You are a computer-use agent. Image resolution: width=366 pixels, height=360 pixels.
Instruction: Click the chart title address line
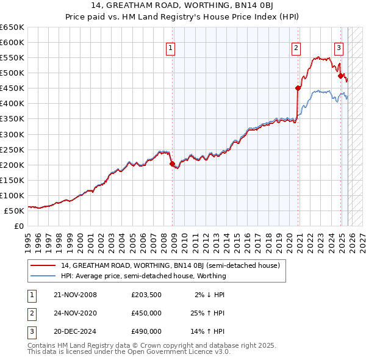point(182,5)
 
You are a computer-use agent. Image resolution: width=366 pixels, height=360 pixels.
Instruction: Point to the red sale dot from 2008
point(172,164)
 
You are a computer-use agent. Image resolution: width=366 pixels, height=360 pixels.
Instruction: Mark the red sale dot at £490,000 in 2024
point(340,76)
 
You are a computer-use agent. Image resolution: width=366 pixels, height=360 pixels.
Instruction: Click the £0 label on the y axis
point(20,226)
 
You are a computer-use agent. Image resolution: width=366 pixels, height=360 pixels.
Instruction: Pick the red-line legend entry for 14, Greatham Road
point(170,265)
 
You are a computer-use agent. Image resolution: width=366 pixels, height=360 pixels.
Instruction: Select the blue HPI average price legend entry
point(143,276)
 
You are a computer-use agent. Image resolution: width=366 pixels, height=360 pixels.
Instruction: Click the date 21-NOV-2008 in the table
point(76,295)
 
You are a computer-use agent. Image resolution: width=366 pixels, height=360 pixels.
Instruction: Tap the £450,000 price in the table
point(146,314)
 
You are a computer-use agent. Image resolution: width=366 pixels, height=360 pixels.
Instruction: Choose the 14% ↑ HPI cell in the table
point(207,332)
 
